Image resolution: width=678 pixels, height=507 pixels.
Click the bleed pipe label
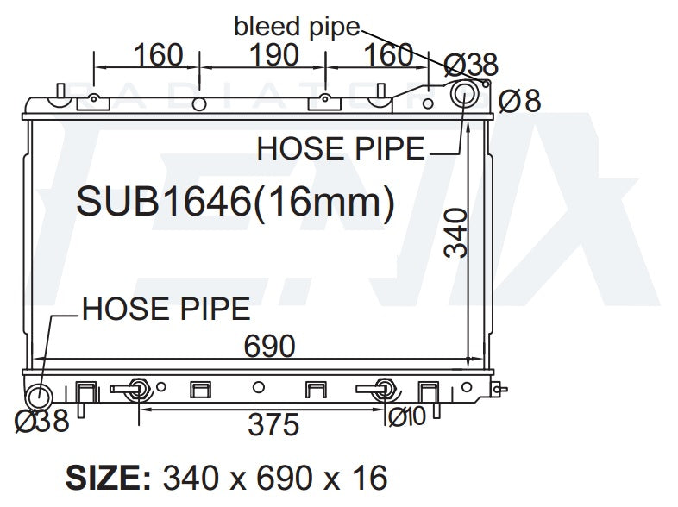tap(297, 28)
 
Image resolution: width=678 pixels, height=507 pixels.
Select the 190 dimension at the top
tap(274, 55)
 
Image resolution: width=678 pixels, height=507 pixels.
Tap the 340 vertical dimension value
tap(455, 234)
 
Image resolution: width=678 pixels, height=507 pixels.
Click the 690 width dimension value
tap(269, 346)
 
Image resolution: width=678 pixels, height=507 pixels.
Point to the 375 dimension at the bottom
tap(273, 424)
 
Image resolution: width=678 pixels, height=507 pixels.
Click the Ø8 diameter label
tap(520, 101)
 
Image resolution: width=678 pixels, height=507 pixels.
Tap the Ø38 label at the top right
tap(471, 65)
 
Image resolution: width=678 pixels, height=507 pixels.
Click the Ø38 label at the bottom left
tap(42, 420)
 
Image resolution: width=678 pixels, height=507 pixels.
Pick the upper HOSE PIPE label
tap(341, 148)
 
